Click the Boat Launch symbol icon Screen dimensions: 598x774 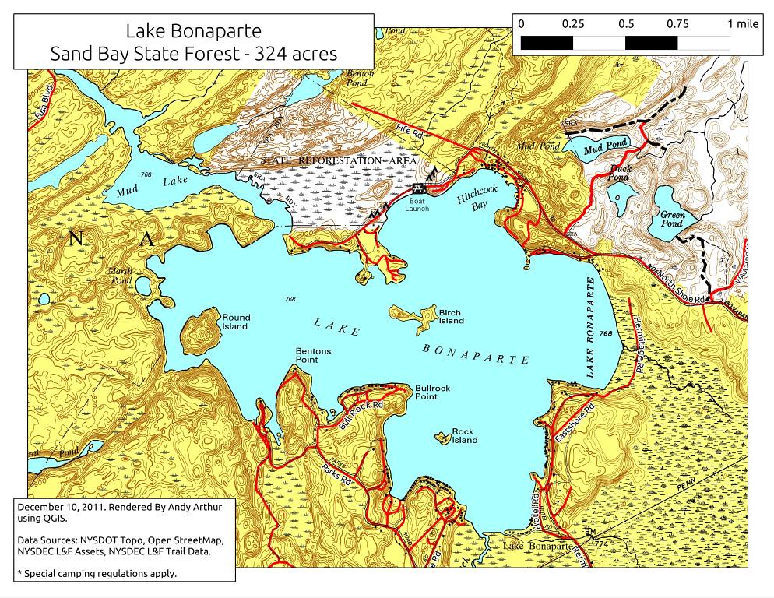[x=418, y=188]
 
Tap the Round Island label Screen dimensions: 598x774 [x=236, y=322]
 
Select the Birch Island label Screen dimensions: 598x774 [x=451, y=316]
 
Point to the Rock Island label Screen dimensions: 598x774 [x=464, y=436]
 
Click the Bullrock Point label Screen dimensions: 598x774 [x=432, y=392]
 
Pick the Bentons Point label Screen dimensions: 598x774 [x=313, y=356]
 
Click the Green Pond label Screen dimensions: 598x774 [x=671, y=219]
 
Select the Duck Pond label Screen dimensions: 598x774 [x=620, y=172]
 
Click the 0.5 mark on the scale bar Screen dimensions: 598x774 [x=626, y=23]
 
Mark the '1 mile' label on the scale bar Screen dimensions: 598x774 [x=742, y=23]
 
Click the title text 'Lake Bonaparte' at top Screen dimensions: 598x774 [x=193, y=31]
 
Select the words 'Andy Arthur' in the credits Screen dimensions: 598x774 [x=179, y=507]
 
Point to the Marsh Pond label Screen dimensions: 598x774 [x=119, y=276]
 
